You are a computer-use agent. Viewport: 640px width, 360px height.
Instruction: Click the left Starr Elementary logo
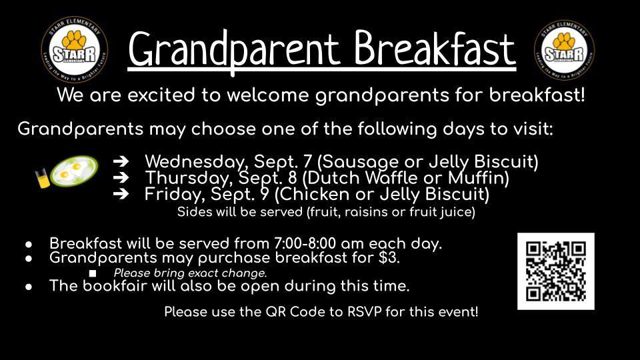click(x=74, y=49)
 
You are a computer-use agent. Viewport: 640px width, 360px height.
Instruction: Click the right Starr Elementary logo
click(x=564, y=49)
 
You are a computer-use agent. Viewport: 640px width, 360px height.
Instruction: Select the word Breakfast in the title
click(x=434, y=48)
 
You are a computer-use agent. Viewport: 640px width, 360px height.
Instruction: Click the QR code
click(x=556, y=271)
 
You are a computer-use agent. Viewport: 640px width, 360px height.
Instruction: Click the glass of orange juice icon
click(x=42, y=179)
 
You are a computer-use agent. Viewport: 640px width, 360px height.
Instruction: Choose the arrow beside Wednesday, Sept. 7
click(x=121, y=162)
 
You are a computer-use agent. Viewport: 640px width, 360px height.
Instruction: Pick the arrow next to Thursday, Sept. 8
click(x=121, y=177)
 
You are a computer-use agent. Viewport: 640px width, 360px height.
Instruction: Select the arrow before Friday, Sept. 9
click(x=121, y=193)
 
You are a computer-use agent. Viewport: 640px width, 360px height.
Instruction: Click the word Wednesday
click(x=196, y=162)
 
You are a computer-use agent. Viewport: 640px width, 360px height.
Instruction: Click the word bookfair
click(x=115, y=285)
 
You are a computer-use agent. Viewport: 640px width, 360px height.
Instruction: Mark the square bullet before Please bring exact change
click(x=93, y=273)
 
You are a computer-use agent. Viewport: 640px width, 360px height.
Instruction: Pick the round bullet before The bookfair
click(x=29, y=287)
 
